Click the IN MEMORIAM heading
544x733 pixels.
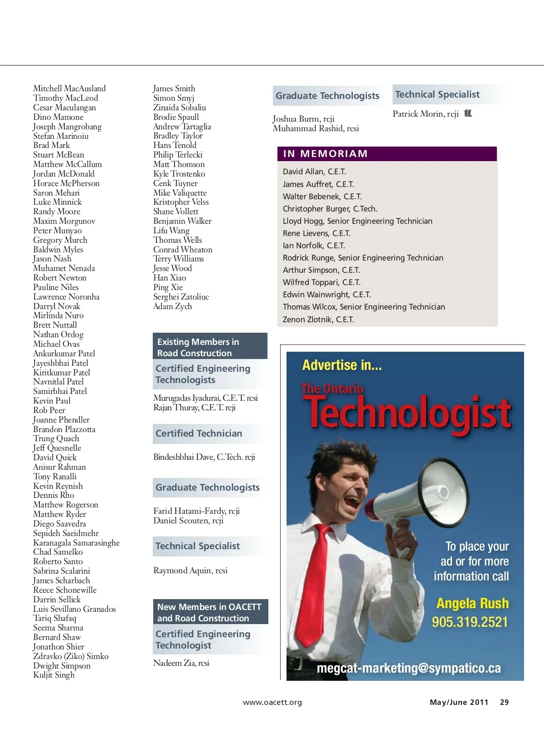[x=325, y=154]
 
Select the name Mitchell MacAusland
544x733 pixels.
[x=69, y=89]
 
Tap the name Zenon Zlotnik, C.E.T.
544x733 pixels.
[x=318, y=320]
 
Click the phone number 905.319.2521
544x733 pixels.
[x=470, y=622]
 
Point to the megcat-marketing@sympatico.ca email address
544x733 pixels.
[x=408, y=668]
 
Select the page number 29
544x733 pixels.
[x=504, y=702]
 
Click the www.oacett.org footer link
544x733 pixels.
[x=272, y=703]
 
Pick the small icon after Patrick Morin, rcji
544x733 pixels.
[x=468, y=113]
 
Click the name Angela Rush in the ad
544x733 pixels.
[x=472, y=603]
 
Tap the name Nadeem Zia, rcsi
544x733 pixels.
[x=181, y=663]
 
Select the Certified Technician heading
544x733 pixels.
[x=199, y=433]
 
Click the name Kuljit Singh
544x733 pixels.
[x=54, y=675]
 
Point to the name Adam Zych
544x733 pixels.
[x=172, y=306]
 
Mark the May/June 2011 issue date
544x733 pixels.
[x=459, y=702]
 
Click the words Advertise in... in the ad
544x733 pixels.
[x=342, y=365]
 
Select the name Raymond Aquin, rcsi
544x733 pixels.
[x=190, y=571]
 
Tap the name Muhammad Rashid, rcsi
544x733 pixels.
[x=316, y=128]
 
